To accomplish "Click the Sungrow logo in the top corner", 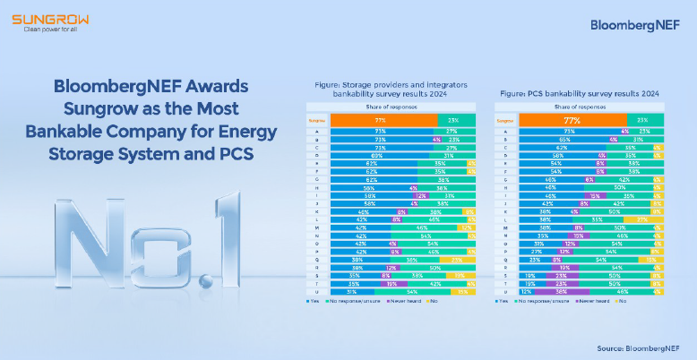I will (x=42, y=18).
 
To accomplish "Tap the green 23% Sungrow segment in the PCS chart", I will (x=642, y=119).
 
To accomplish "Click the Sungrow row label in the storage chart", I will (x=316, y=119).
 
